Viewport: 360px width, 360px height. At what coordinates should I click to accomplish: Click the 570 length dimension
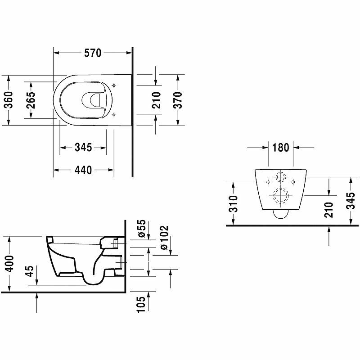[x=93, y=53]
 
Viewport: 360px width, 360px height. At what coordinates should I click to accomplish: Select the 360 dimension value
[x=9, y=99]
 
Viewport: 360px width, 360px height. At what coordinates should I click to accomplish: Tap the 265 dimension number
[x=31, y=100]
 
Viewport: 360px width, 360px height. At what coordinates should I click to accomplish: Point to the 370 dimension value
[x=178, y=100]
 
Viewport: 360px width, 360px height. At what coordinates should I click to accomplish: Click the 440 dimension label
[x=83, y=170]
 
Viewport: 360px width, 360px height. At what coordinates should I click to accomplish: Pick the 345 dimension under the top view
[x=83, y=148]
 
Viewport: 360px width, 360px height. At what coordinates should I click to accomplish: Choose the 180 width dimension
[x=280, y=148]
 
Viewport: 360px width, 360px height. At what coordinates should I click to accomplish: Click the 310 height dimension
[x=233, y=204]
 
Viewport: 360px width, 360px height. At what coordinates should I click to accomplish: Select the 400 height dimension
[x=9, y=264]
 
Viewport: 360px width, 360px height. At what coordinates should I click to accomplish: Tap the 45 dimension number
[x=29, y=271]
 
